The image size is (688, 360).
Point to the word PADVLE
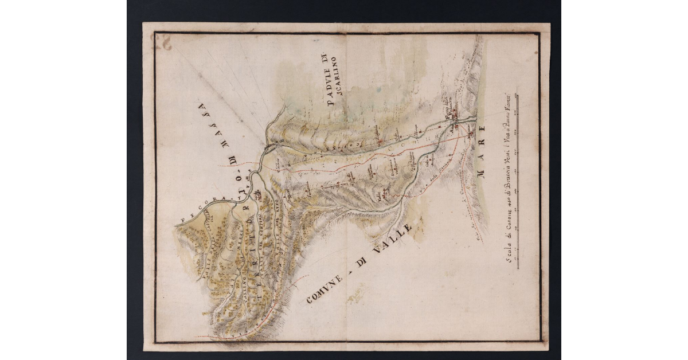coord(328,80)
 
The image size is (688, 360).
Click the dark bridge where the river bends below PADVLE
coord(269,147)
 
